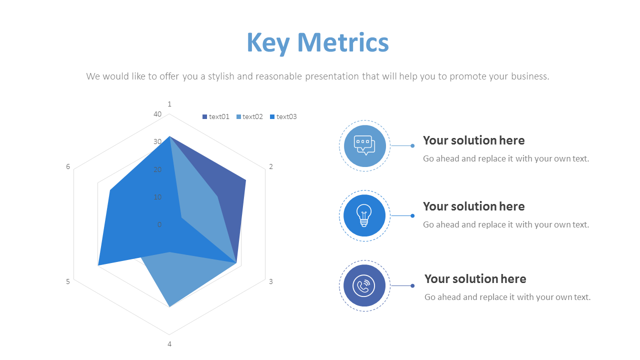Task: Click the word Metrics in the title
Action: coord(343,42)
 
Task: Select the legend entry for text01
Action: coord(215,116)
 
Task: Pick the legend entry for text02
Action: coord(249,116)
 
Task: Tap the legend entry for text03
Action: coord(283,116)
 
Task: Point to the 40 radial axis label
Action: coord(157,114)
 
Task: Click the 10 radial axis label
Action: coord(157,197)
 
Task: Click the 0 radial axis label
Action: coord(159,224)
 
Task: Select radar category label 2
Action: coord(271,166)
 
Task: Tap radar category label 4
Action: coord(169,344)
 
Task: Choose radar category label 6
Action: coord(68,166)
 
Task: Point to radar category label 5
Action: coord(68,281)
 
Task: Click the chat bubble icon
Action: coord(364,145)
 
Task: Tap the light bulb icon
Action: coord(364,215)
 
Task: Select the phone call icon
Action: coord(364,285)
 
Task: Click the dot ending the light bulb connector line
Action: coord(412,216)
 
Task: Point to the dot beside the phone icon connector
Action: coord(412,286)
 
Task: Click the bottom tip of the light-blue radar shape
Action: coord(170,306)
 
